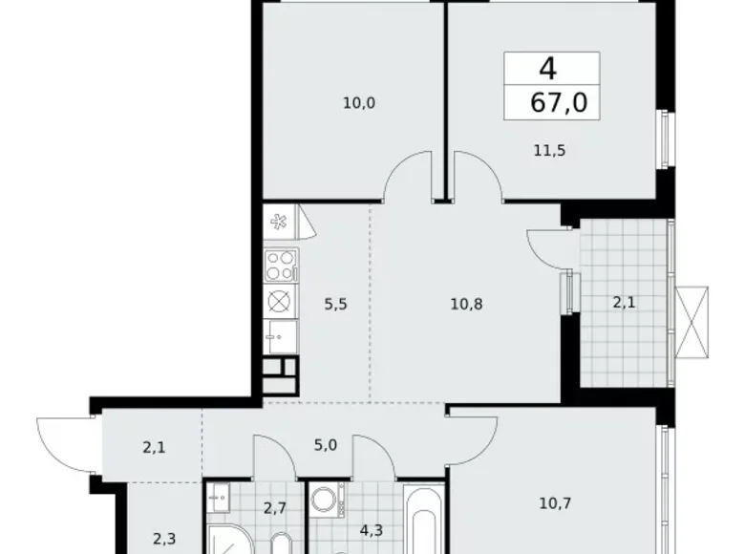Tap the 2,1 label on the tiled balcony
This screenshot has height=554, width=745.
(x=626, y=304)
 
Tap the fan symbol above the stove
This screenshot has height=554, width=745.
(x=279, y=224)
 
